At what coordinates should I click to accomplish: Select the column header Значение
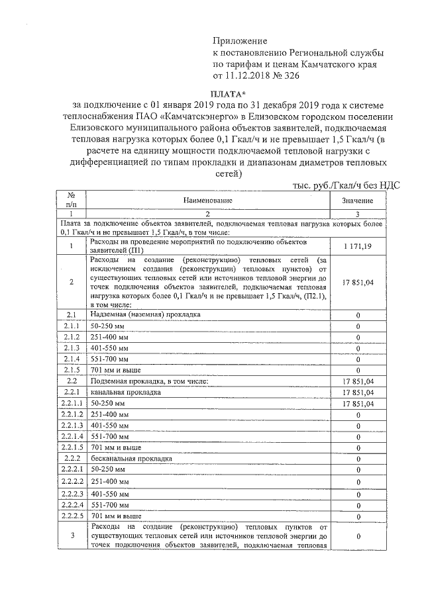[358, 200]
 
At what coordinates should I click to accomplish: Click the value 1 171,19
[358, 246]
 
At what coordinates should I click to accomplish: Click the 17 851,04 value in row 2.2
[358, 381]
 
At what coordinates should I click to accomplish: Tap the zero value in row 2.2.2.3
[358, 494]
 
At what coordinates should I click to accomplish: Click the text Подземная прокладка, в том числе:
[150, 381]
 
